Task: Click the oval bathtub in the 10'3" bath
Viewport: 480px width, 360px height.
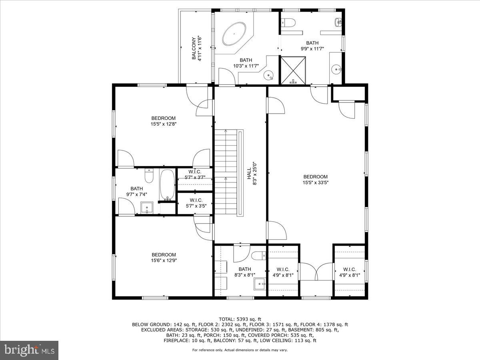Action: pyautogui.click(x=234, y=35)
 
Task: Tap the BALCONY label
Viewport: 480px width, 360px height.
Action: pyautogui.click(x=196, y=48)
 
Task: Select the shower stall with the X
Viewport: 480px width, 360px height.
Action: pyautogui.click(x=294, y=70)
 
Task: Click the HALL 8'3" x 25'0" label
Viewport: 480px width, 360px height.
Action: pyautogui.click(x=251, y=176)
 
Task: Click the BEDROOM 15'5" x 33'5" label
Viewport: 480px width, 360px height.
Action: pyautogui.click(x=315, y=180)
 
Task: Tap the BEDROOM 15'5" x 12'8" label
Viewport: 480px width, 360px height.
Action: pyautogui.click(x=163, y=121)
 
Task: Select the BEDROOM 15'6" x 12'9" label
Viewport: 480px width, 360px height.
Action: pyautogui.click(x=164, y=257)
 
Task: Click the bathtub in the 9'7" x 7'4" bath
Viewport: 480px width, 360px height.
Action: pyautogui.click(x=167, y=184)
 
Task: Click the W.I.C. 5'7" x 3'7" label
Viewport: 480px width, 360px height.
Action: pyautogui.click(x=195, y=174)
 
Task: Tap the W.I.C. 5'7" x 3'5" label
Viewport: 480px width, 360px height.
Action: pyautogui.click(x=195, y=203)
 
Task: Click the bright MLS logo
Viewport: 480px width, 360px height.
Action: pyautogui.click(x=30, y=350)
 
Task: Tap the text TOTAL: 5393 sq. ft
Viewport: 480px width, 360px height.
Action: pyautogui.click(x=240, y=319)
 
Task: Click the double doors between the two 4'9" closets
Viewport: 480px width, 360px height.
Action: pyautogui.click(x=316, y=272)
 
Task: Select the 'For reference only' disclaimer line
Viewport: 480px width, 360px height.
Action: pyautogui.click(x=240, y=350)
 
